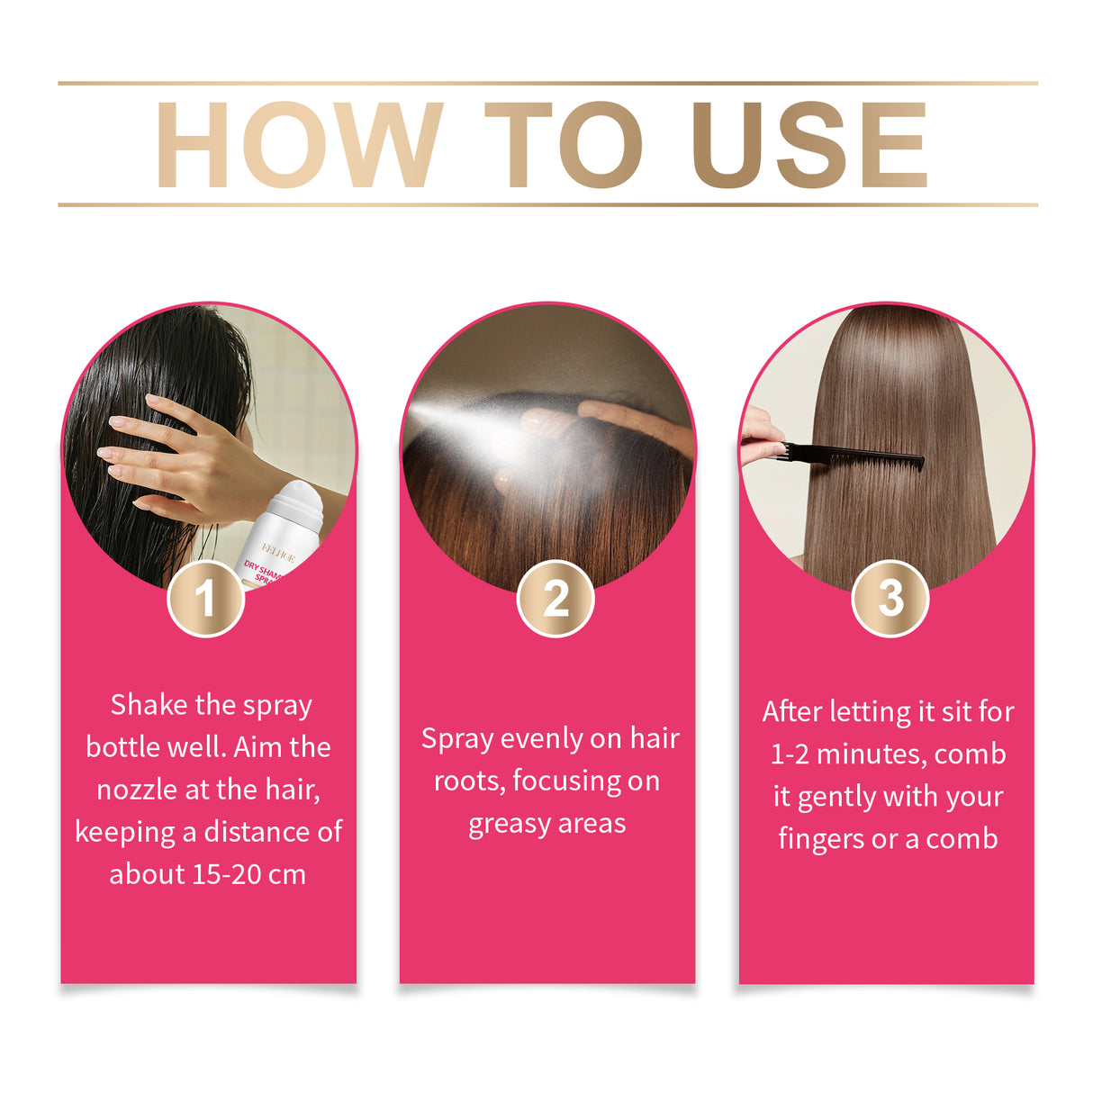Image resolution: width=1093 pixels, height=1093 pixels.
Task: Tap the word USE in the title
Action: click(x=808, y=145)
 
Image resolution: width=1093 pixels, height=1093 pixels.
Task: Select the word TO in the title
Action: click(x=564, y=145)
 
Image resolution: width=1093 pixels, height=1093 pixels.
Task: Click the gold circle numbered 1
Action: click(x=206, y=599)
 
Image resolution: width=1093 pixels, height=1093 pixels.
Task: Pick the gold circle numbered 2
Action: click(x=556, y=599)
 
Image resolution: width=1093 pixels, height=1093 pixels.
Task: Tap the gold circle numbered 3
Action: click(x=890, y=598)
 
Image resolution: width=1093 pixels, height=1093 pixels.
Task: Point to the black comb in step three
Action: click(x=855, y=456)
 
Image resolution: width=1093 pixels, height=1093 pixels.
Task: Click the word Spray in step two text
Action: click(x=456, y=739)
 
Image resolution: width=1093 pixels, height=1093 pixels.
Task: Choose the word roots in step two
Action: click(x=468, y=781)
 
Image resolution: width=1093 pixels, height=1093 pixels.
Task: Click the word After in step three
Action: click(x=792, y=712)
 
